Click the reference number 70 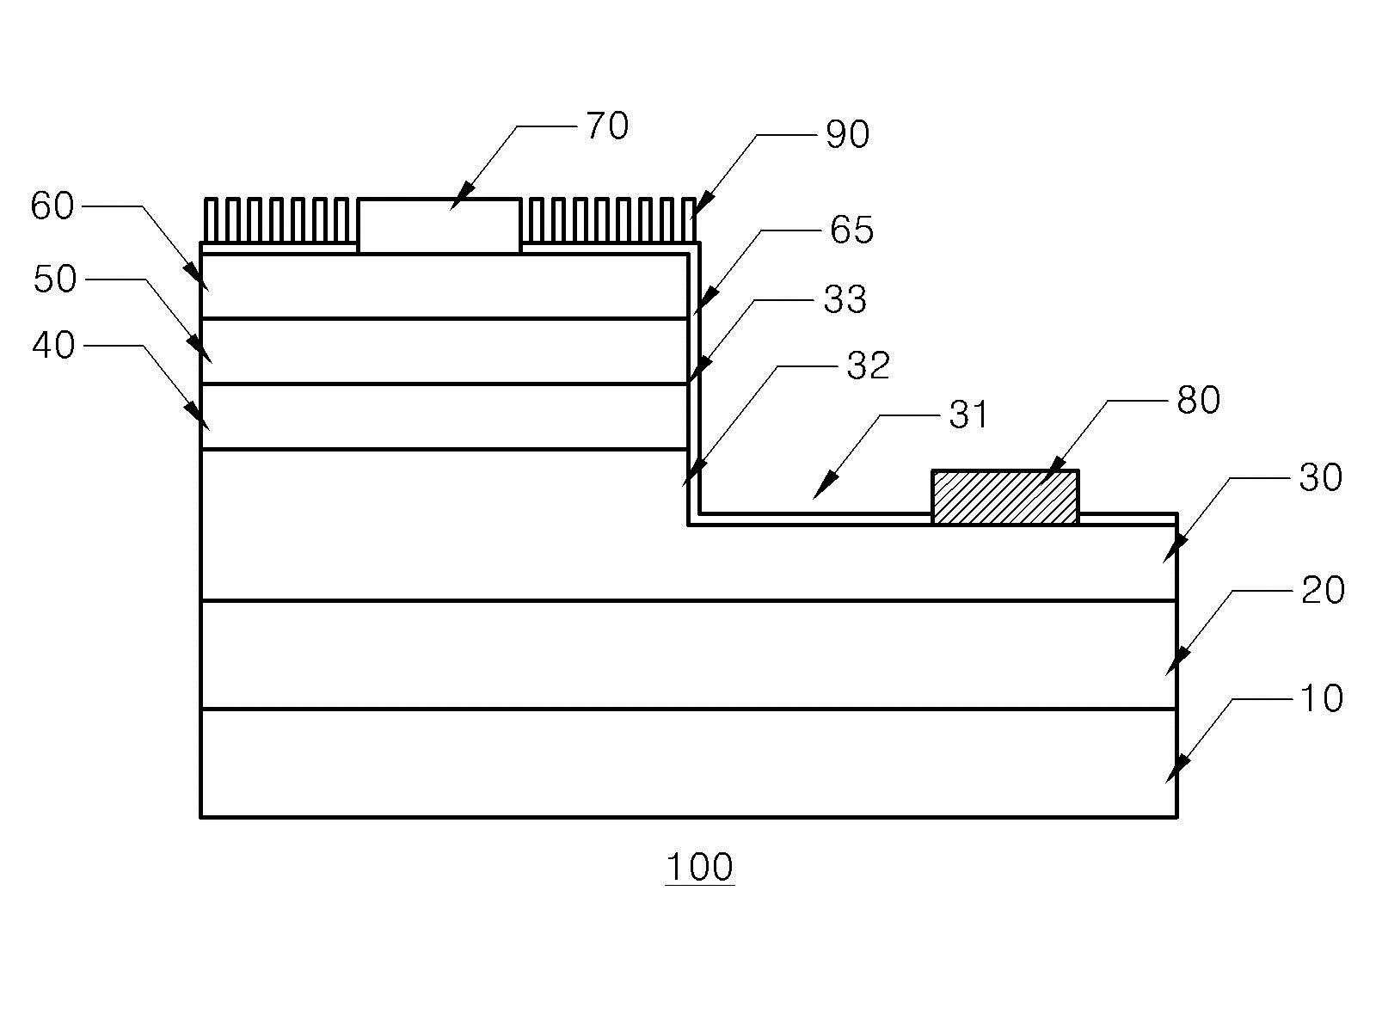[607, 126]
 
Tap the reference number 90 [847, 134]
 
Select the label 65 [851, 230]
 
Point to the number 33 [845, 299]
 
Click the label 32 [869, 365]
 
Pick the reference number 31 [968, 415]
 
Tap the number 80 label [1198, 400]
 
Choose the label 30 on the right [1320, 477]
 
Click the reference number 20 [1323, 590]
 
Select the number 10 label [1322, 698]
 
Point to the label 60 [52, 206]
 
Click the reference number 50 [55, 279]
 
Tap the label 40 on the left [54, 345]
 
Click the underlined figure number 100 [699, 867]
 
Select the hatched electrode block [1004, 497]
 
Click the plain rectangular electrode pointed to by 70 [439, 226]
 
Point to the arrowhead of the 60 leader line [195, 276]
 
